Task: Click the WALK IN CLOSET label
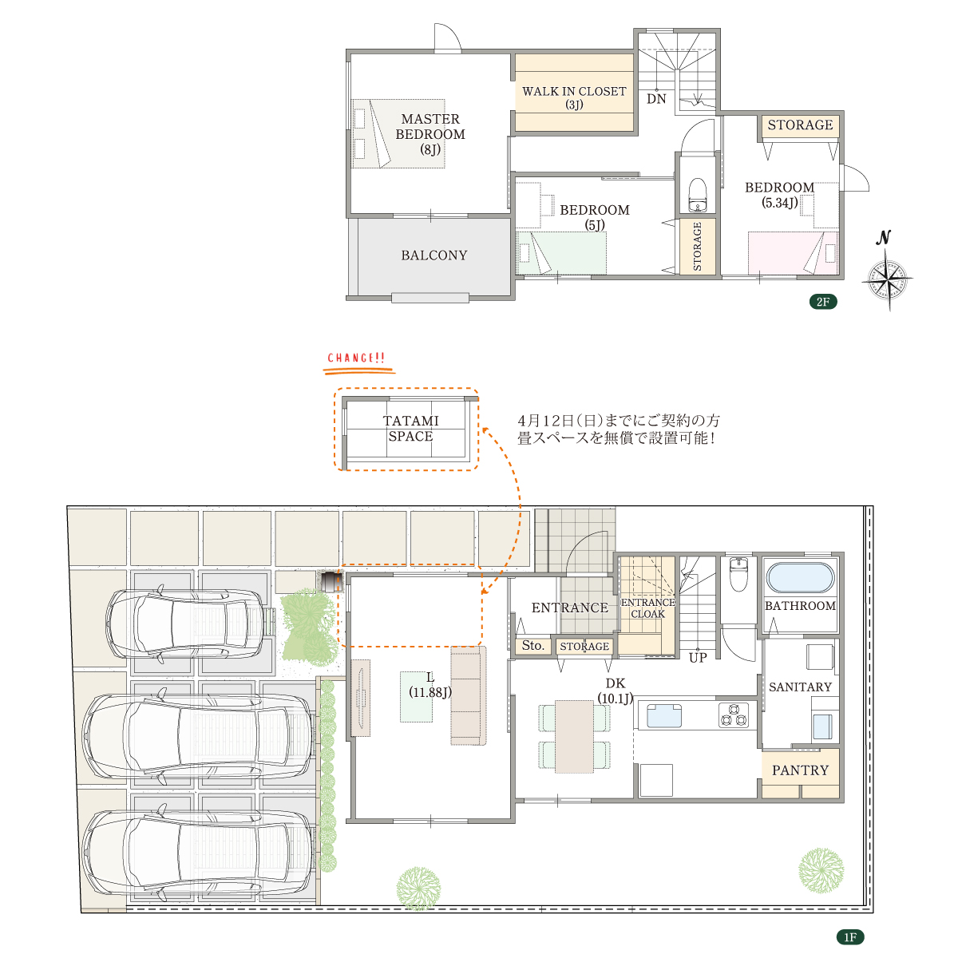(x=574, y=97)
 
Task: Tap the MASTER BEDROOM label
(x=430, y=134)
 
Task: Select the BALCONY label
(x=434, y=255)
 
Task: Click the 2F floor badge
(x=823, y=301)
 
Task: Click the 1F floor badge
(x=850, y=936)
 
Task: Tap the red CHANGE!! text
(x=356, y=358)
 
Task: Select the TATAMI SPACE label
(x=410, y=428)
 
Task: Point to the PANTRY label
(x=800, y=770)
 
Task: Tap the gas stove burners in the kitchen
(x=734, y=715)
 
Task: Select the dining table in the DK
(x=574, y=736)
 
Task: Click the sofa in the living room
(x=468, y=695)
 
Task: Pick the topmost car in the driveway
(x=185, y=624)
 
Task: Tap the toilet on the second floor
(x=697, y=194)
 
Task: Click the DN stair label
(x=656, y=99)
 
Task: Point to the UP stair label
(x=698, y=658)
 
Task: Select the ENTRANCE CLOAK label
(x=647, y=608)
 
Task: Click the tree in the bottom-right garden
(x=821, y=870)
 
